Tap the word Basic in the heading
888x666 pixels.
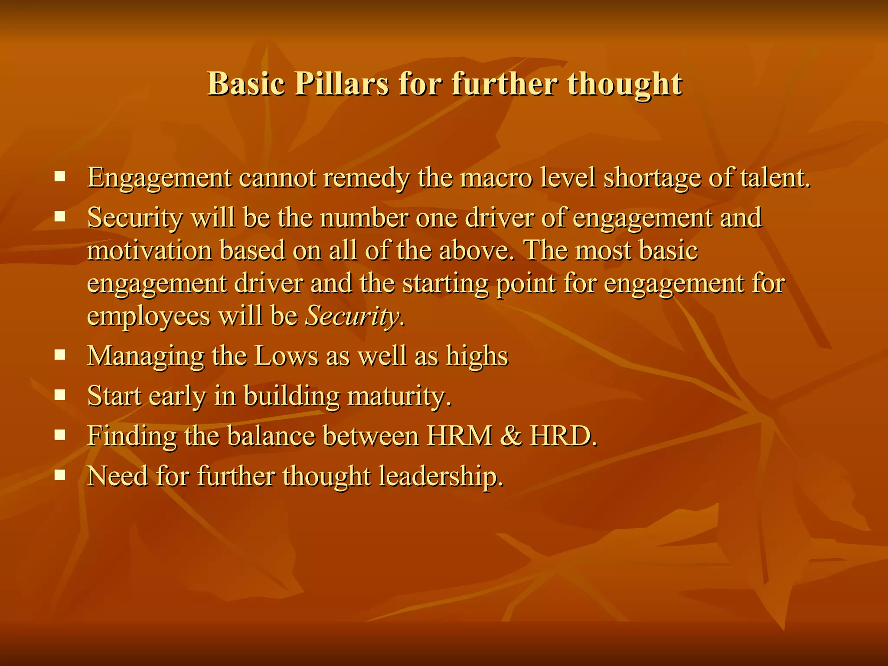click(246, 83)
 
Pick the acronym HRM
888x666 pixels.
click(460, 436)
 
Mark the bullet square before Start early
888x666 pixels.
click(59, 395)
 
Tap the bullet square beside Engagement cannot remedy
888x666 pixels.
click(59, 176)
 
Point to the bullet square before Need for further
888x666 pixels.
click(59, 475)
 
